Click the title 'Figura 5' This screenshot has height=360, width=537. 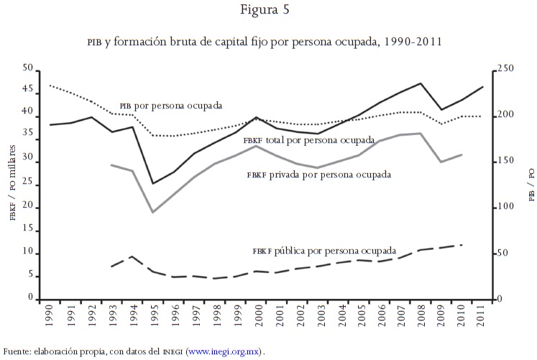pos(268,11)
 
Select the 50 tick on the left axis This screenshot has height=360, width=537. pos(28,69)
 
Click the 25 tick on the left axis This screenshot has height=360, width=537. pos(28,184)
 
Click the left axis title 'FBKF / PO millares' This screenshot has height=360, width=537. pos(12,183)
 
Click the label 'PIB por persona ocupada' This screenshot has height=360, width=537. pos(170,104)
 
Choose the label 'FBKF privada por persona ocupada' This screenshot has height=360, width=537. pos(319,174)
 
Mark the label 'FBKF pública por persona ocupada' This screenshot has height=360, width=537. pos(324,251)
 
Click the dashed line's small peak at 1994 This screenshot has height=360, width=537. pos(132,256)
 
